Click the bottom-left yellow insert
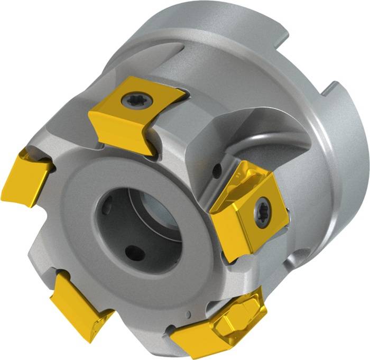[x=79, y=301]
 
